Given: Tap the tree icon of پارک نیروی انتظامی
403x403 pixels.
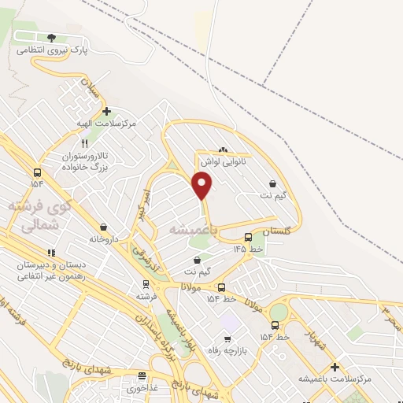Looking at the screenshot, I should [52, 37].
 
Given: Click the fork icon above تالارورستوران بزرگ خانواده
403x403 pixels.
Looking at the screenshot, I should [85, 143].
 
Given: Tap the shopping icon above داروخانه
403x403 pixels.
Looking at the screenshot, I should [104, 227].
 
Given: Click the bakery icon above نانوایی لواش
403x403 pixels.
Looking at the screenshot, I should [223, 150].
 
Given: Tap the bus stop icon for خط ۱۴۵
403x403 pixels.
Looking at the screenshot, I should [249, 236].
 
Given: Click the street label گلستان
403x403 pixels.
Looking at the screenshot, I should [276, 232].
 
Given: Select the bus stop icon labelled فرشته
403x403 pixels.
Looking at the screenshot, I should [145, 284].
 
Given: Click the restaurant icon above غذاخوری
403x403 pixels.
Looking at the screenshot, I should [142, 376].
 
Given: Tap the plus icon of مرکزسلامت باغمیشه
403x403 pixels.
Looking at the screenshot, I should [335, 367].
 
